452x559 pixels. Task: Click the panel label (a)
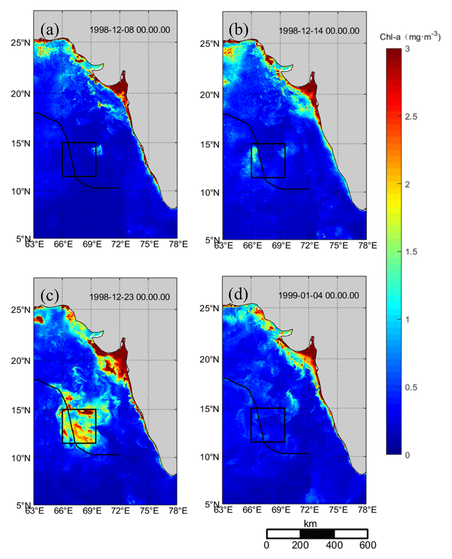50,30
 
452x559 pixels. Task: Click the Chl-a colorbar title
410,37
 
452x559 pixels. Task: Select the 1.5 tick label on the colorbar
411,252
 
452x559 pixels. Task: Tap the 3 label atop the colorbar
407,49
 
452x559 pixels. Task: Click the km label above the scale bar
310,524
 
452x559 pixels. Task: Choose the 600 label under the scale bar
368,545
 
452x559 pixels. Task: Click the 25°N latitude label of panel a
21,43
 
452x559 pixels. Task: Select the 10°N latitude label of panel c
21,458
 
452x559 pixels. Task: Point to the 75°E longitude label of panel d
338,510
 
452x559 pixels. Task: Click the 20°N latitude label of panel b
210,95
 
